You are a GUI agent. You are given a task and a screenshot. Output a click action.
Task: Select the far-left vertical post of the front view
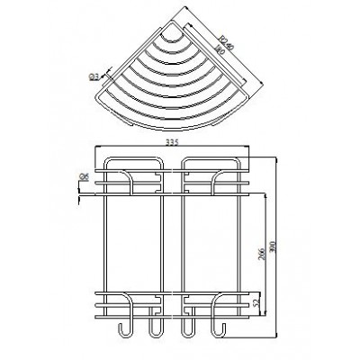pyautogui.click(x=106, y=243)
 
